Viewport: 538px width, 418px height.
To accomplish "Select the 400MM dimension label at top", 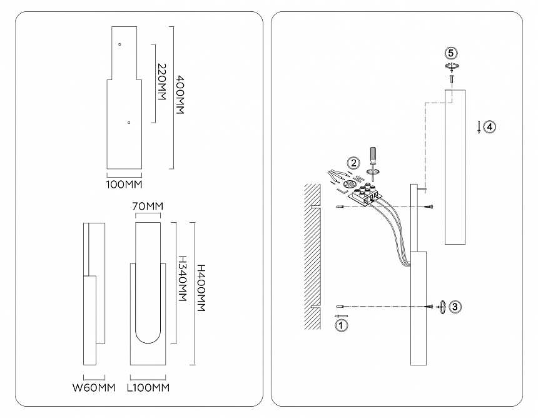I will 180,95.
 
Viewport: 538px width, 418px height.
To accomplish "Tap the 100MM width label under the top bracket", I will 124,185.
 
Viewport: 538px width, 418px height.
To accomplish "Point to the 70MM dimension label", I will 148,206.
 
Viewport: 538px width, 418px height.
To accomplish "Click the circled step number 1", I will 341,325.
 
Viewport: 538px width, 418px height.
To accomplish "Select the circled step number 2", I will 354,163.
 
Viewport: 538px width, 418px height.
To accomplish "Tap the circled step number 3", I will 455,306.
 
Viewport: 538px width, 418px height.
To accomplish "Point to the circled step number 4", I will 490,126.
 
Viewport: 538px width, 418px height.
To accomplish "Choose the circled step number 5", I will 450,53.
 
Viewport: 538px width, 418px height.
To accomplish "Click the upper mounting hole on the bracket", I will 120,44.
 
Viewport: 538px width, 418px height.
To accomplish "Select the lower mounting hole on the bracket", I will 128,123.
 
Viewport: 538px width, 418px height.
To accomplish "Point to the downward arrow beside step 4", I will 479,127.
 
